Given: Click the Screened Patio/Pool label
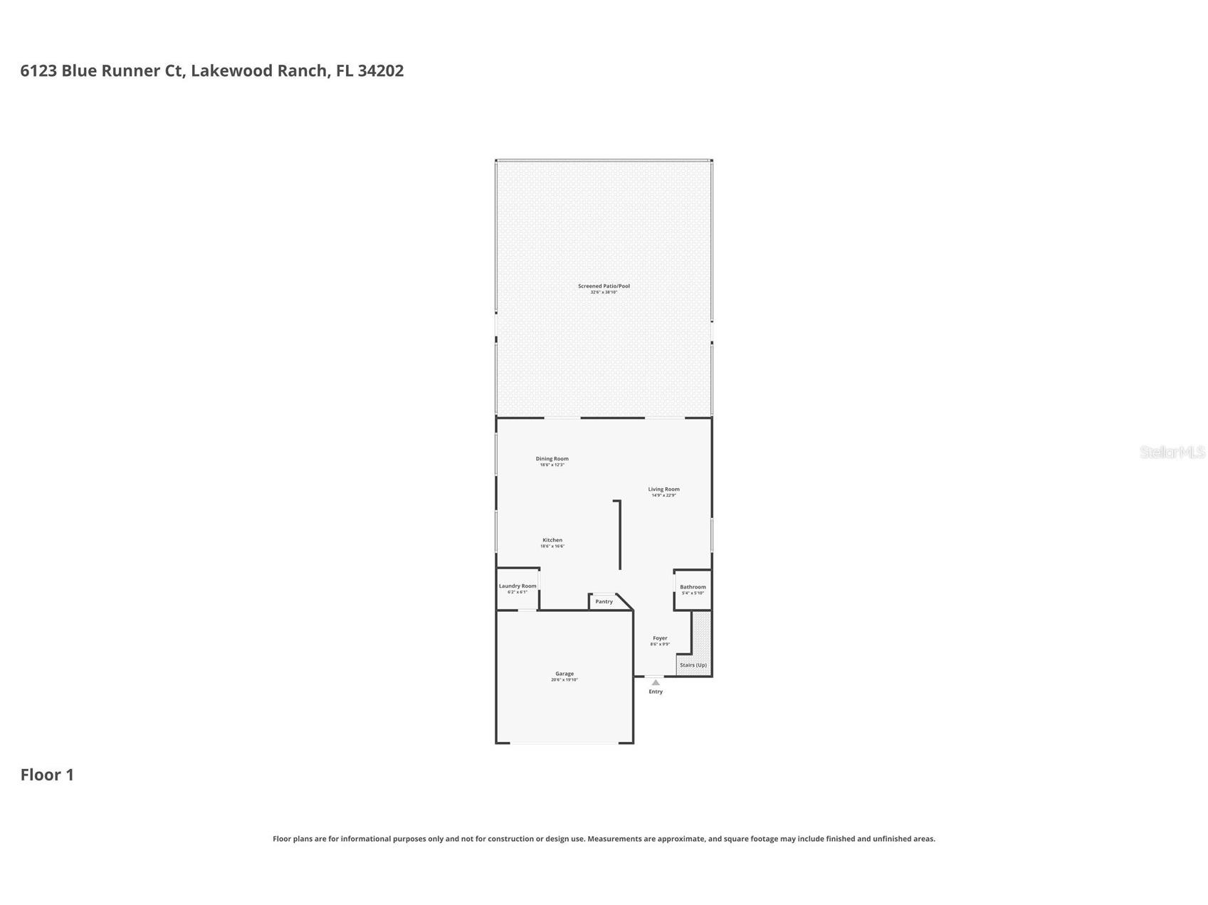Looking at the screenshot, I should pos(604,286).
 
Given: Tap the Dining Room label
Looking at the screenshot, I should pos(552,459).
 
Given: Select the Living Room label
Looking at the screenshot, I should pos(663,489).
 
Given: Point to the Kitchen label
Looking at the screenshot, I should pos(552,540).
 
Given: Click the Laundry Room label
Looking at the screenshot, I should pos(518,586).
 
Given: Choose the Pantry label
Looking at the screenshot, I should pos(604,602).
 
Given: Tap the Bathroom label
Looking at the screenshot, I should pos(693,587).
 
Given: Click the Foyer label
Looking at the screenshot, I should pos(660,638).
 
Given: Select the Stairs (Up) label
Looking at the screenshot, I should pos(693,665).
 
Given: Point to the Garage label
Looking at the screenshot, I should pos(564,674).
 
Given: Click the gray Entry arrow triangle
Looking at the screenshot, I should pos(656,682).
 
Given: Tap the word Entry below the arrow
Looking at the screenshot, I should pos(656,692).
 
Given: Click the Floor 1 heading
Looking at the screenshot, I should pos(47,775).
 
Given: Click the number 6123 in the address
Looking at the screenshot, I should pos(38,70).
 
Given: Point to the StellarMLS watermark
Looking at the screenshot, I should pos(1172,452).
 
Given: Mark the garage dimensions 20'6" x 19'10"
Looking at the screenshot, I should pos(564,680).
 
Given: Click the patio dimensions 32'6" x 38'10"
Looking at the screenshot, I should pos(604,292).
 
